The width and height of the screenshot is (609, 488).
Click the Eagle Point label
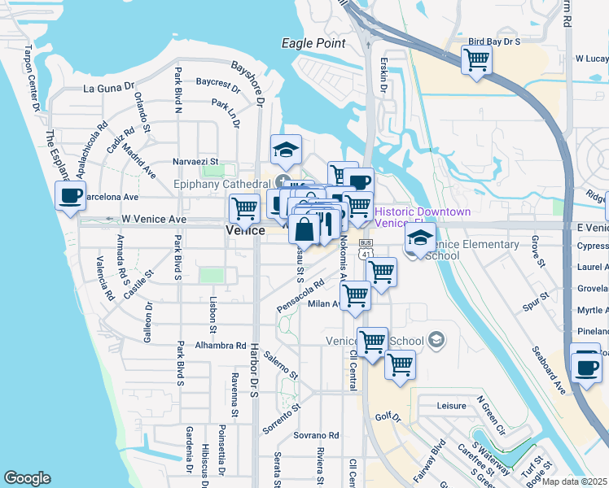[x=313, y=43]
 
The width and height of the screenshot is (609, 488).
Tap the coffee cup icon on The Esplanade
[x=71, y=196]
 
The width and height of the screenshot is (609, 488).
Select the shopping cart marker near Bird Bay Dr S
[x=476, y=59]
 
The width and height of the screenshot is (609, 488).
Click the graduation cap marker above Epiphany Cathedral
[x=286, y=150]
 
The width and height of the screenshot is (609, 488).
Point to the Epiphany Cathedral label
[x=223, y=185]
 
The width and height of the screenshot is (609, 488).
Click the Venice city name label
[x=245, y=231]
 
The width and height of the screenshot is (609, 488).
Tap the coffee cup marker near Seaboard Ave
[x=586, y=367]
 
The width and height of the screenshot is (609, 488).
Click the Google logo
[x=27, y=478]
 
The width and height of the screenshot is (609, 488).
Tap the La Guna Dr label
[x=108, y=87]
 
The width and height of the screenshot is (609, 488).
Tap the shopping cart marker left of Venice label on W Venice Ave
[x=244, y=208]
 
